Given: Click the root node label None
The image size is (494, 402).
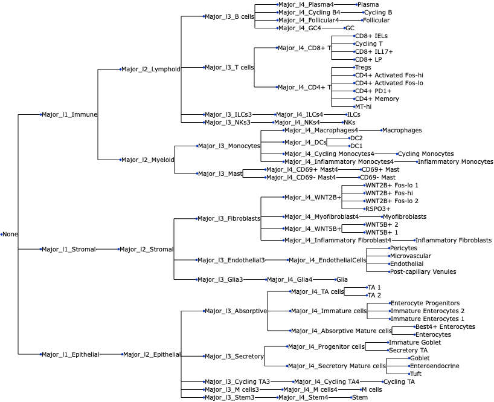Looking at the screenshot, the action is point(10,235).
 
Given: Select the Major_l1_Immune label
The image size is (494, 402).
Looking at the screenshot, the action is point(69,114).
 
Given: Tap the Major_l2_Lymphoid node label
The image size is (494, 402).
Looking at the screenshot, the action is point(151,69).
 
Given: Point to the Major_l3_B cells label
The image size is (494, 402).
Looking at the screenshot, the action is point(229,16).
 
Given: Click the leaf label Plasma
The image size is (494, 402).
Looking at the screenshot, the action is point(368,4).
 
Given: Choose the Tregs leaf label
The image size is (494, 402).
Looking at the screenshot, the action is point(363,67).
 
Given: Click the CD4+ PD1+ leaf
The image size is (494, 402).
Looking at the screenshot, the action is point(373,91).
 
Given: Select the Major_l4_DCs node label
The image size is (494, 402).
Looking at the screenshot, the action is point(306,142).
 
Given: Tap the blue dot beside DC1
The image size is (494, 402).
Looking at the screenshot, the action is point(350,146).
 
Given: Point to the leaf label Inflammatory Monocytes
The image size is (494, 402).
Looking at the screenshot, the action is point(455,162).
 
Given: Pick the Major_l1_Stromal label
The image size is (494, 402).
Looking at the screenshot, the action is point(69,249).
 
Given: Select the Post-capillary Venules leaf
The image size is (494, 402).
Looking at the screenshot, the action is point(423,271).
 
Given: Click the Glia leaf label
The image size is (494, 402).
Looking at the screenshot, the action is point(342,279).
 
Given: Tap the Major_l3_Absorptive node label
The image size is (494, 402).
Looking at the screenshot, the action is point(236,311).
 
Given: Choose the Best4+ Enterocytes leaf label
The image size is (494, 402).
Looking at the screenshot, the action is point(446,326).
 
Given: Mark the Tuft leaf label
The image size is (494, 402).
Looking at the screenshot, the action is point(416,374).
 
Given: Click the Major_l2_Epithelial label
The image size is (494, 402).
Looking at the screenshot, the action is point(152,354).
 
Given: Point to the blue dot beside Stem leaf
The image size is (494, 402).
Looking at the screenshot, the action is point(351,398).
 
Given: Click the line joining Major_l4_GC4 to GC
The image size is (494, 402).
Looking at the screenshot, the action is point(333,28).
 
